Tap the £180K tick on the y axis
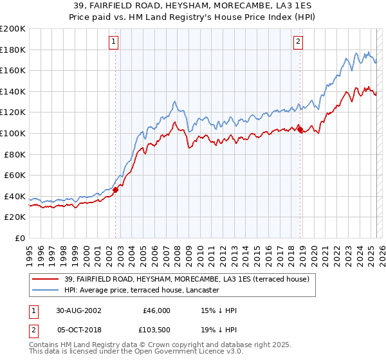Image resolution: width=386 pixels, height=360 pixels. pos(13,50)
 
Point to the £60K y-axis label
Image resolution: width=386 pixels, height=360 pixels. pos(15,175)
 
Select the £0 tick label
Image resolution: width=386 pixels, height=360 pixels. pos(20,238)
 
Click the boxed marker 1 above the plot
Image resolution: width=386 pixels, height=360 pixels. pos(114,42)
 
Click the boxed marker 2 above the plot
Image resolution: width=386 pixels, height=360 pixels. pos(299,42)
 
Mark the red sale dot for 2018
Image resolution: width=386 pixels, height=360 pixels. pos(300,130)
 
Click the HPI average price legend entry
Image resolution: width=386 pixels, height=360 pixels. pos(142,291)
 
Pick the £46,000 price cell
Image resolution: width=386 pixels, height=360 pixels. pos(156,310)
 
